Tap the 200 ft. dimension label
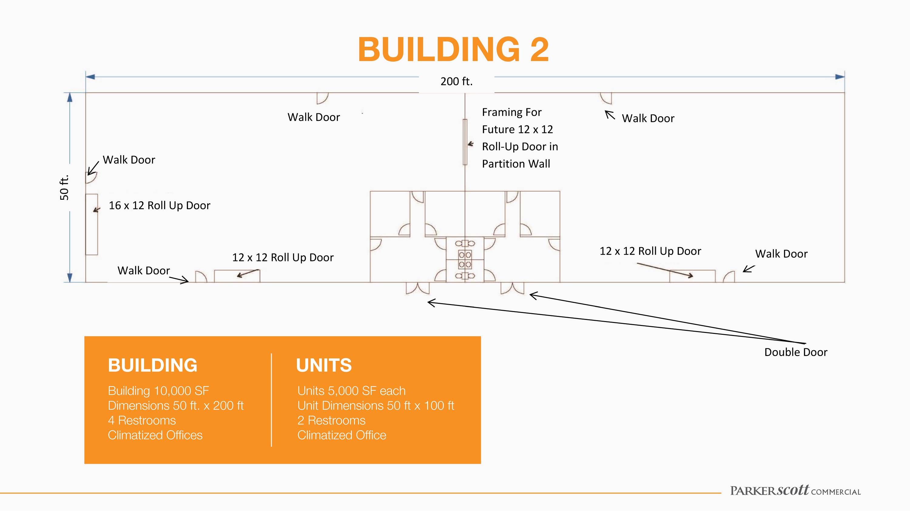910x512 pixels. (x=457, y=82)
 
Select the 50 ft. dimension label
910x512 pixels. (x=64, y=188)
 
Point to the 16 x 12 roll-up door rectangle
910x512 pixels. (x=92, y=224)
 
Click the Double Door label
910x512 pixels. (x=796, y=352)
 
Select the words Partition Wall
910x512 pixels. (x=516, y=164)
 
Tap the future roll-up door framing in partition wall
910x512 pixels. (x=465, y=142)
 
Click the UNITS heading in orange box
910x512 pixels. (x=324, y=365)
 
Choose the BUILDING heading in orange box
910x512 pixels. (x=153, y=365)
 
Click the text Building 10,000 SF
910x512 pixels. (x=158, y=391)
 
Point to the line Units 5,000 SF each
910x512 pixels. (x=352, y=391)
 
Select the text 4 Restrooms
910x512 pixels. (x=142, y=420)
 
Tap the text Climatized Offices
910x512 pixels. (x=155, y=435)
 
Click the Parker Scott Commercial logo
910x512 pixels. (x=796, y=491)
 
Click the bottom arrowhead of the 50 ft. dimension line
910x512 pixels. (x=70, y=277)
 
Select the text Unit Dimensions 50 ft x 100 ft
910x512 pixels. (x=376, y=406)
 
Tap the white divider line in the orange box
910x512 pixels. (x=271, y=400)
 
